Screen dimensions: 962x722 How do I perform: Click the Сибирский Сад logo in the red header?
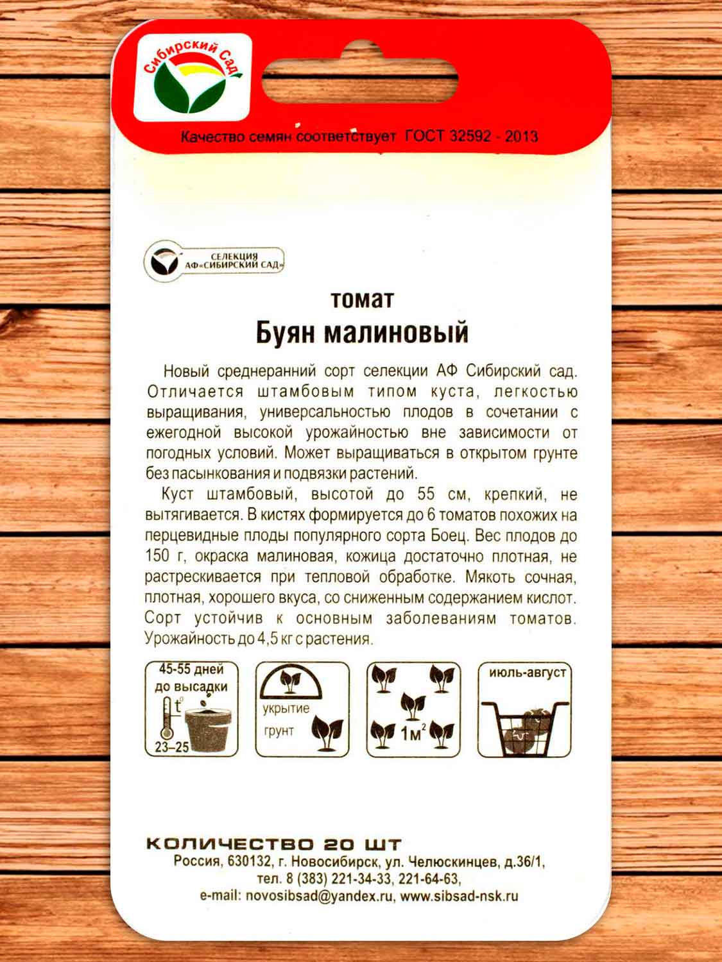[x=192, y=78]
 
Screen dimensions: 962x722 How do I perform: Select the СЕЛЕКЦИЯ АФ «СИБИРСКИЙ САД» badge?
[x=214, y=261]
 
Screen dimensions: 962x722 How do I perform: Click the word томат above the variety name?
[x=361, y=300]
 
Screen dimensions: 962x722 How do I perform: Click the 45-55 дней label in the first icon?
[x=191, y=670]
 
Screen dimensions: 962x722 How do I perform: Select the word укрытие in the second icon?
[x=286, y=709]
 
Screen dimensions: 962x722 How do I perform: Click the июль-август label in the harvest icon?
[x=527, y=673]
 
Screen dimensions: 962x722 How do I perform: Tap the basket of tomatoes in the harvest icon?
[x=525, y=728]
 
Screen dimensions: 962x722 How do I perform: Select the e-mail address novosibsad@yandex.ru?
[x=319, y=896]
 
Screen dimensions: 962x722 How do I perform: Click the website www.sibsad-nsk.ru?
[x=459, y=896]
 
